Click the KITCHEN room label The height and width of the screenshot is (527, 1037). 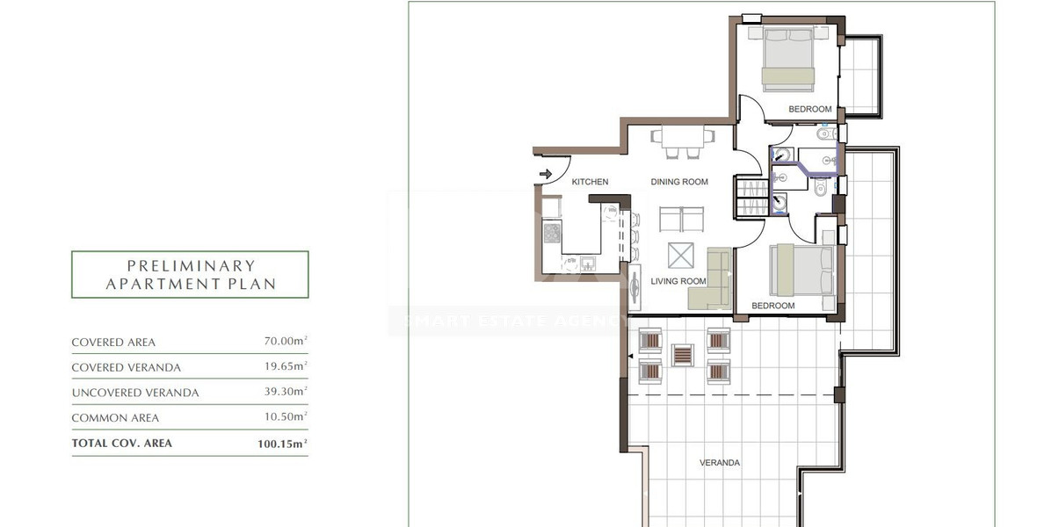click(590, 182)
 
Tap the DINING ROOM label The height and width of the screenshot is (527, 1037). click(679, 182)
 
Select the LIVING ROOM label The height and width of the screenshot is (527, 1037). click(678, 281)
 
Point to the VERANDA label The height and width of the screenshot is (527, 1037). click(719, 463)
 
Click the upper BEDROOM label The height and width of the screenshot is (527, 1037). click(809, 109)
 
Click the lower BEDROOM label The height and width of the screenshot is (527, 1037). click(772, 306)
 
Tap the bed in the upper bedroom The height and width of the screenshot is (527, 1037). click(788, 60)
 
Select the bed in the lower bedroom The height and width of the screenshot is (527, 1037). click(801, 270)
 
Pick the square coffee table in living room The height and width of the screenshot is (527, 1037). click(680, 256)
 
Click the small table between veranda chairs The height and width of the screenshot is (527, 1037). click(683, 355)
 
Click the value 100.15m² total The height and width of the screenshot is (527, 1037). click(278, 444)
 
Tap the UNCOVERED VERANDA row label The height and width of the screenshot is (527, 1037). click(135, 393)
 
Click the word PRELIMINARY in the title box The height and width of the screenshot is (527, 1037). click(191, 265)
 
